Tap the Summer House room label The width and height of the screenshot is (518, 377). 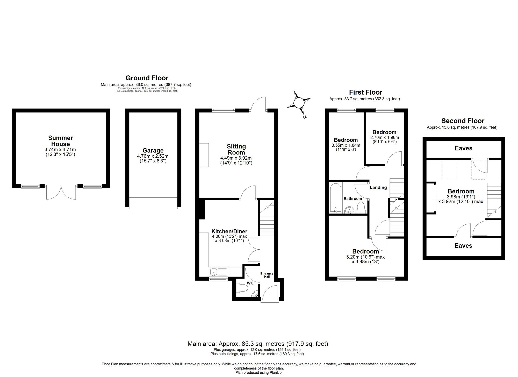[60, 141]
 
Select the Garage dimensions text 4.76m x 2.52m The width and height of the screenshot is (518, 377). [153, 156]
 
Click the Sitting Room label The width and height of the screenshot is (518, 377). [236, 150]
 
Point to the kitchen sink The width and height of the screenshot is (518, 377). [214, 272]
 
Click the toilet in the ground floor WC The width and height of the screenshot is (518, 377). [243, 288]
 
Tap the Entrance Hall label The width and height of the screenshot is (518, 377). [267, 275]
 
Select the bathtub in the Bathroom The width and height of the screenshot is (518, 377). [335, 198]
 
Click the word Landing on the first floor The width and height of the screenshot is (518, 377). [378, 188]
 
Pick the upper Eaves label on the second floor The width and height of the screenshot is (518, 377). [463, 148]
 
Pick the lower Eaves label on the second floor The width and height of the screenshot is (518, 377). [463, 246]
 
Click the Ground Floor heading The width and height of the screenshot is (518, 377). [147, 78]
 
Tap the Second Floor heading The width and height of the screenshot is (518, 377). [463, 121]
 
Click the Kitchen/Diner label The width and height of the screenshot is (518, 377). [229, 231]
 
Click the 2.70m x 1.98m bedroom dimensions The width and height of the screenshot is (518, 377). [384, 137]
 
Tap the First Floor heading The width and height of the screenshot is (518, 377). [365, 92]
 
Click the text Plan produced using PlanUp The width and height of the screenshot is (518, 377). [259, 373]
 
